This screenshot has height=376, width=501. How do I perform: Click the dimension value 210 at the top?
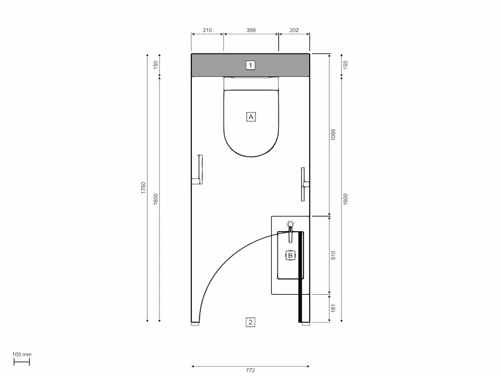(x=207, y=30)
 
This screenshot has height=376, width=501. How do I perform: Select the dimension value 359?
(x=251, y=30)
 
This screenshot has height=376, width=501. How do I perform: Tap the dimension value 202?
(x=294, y=30)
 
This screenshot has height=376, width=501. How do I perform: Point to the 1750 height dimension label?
(x=143, y=188)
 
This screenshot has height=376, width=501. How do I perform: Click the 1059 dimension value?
(x=333, y=135)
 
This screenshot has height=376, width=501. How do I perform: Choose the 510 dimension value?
(x=333, y=255)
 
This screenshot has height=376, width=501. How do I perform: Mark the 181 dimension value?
(x=333, y=308)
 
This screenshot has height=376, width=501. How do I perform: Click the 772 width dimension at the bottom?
(x=250, y=371)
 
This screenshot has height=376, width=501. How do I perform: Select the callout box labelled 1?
(x=250, y=65)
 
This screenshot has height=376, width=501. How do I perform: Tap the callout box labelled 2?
(x=250, y=322)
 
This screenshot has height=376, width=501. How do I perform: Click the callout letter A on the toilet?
(x=250, y=117)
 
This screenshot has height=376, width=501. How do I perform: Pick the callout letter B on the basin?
(x=290, y=255)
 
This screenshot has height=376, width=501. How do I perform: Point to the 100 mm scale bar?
(x=22, y=362)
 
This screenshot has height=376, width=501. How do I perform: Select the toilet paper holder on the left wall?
(x=200, y=169)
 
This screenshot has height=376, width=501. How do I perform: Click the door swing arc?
(x=220, y=264)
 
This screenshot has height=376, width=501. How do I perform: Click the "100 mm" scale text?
(x=22, y=354)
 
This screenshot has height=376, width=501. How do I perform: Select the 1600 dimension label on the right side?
(x=345, y=199)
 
